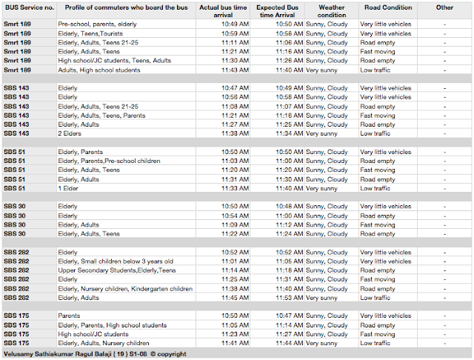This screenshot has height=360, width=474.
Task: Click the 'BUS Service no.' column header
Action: click(28, 7)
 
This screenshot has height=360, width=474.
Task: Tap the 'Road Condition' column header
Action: click(386, 7)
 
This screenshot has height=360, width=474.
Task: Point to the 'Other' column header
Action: click(444, 7)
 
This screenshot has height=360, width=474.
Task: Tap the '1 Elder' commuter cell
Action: click(69, 188)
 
